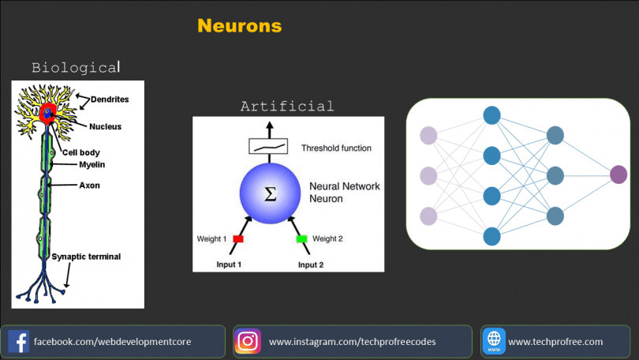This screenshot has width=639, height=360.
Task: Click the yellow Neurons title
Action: click(x=240, y=26)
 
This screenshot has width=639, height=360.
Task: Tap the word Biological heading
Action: click(x=76, y=68)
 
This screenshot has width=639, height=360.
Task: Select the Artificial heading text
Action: click(x=287, y=107)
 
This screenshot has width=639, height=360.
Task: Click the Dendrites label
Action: click(x=110, y=99)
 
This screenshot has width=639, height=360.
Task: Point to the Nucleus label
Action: click(x=105, y=127)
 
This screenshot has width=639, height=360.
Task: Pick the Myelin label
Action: click(x=92, y=165)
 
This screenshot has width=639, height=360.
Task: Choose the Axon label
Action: click(x=89, y=186)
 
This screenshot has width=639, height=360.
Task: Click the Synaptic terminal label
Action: click(x=86, y=257)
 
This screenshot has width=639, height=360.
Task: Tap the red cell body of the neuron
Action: click(x=47, y=114)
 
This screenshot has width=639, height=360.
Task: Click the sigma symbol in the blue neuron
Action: click(x=270, y=193)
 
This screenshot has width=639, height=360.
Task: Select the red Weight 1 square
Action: click(x=238, y=239)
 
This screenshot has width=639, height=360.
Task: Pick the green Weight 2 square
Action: click(x=301, y=239)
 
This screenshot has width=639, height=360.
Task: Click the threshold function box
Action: click(x=268, y=146)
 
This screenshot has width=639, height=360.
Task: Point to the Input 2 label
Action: click(x=311, y=265)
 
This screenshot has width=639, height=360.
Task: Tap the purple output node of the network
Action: click(x=618, y=175)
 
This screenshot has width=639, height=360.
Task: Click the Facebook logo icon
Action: click(x=18, y=341)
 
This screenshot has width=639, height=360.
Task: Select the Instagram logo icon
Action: click(x=248, y=341)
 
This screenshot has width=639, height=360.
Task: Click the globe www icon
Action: click(x=494, y=341)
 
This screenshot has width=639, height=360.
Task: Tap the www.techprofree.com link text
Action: click(x=555, y=342)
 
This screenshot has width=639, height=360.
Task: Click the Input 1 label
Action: click(x=229, y=264)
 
